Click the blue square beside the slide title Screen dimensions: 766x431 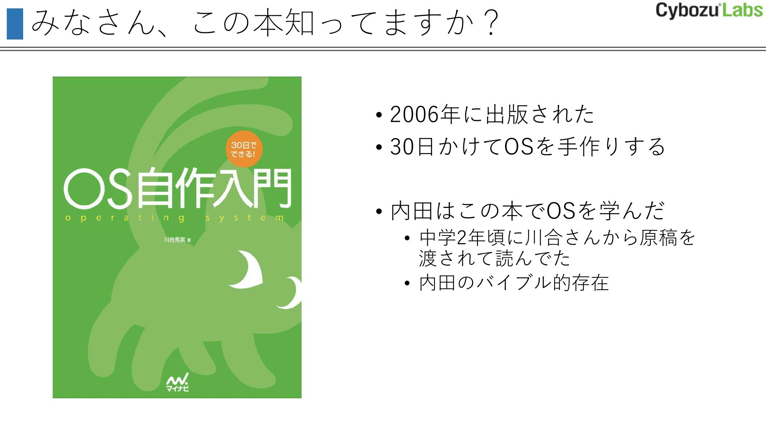coord(15,24)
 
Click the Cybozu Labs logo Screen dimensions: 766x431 coord(709,10)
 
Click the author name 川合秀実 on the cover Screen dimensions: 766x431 coord(175,240)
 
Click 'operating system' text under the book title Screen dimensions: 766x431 coord(174,218)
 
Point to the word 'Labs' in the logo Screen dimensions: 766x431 coord(742,10)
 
